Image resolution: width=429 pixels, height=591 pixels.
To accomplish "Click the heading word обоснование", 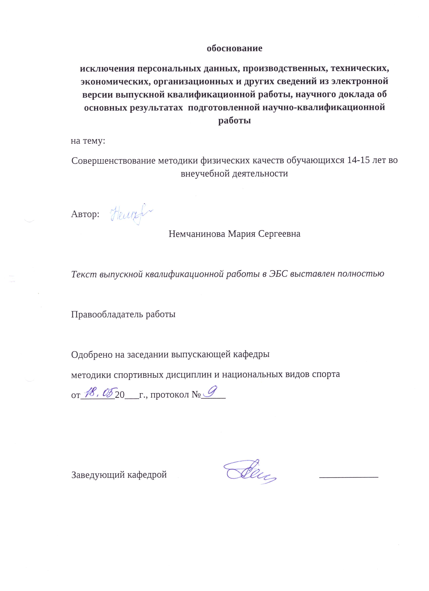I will tap(234, 48).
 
